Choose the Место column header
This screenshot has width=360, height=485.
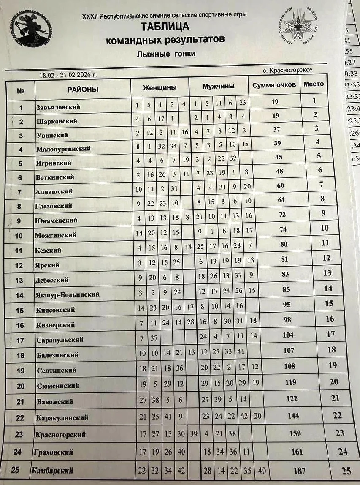click(314, 84)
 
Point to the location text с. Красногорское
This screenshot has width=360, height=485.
click(287, 70)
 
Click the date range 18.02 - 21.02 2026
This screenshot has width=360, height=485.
click(68, 75)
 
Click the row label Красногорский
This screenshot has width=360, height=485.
click(62, 434)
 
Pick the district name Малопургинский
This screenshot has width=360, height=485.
click(63, 149)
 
